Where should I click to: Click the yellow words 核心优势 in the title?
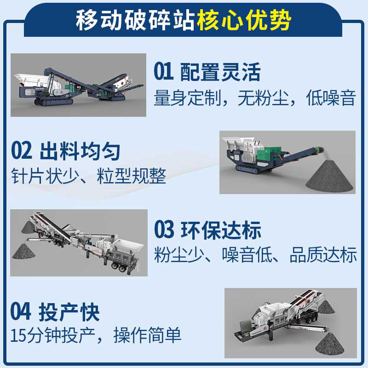click(244, 21)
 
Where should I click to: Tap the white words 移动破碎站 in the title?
click(136, 21)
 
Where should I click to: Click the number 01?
click(163, 72)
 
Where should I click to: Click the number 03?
click(164, 230)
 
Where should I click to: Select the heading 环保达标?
click(221, 230)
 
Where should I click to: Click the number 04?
click(22, 312)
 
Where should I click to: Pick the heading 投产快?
click(70, 312)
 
